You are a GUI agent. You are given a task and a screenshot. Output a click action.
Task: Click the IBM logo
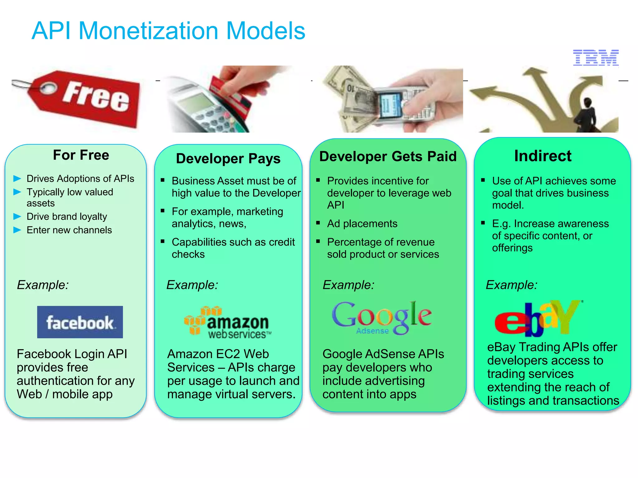click(595, 58)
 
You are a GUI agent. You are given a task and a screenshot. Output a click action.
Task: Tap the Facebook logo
click(80, 322)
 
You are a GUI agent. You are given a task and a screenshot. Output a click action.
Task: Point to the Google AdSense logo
click(382, 318)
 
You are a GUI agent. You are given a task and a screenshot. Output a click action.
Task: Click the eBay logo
click(537, 318)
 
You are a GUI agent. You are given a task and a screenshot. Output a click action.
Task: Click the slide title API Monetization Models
click(168, 31)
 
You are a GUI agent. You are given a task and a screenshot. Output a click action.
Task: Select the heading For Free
click(81, 155)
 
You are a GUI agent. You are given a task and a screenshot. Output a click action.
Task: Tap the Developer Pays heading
click(228, 158)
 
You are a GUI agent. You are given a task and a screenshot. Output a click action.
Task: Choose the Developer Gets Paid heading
click(388, 156)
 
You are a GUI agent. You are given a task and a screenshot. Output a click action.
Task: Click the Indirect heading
click(543, 156)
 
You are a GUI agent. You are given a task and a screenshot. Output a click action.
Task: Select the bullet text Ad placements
click(362, 223)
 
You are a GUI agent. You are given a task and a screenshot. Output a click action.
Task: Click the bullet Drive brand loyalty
click(67, 216)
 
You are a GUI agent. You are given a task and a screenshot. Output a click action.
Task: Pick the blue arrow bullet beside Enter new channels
click(17, 230)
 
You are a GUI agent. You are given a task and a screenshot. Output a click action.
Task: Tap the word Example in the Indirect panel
click(512, 285)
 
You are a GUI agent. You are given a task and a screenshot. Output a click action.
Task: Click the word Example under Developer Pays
click(192, 285)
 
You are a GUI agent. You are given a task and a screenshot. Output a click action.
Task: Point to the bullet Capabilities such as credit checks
click(233, 248)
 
